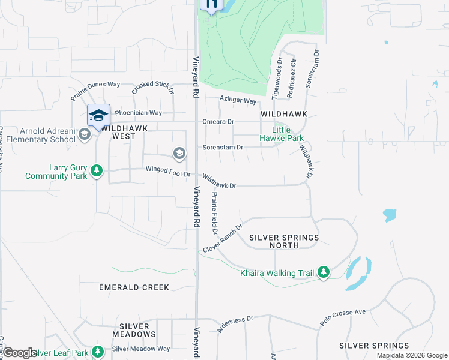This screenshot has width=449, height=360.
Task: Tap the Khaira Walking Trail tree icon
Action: (x=324, y=272)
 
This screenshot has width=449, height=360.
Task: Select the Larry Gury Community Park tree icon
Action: (x=97, y=172)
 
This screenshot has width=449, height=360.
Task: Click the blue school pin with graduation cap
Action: (x=98, y=116)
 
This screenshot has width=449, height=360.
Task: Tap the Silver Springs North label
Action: (x=284, y=241)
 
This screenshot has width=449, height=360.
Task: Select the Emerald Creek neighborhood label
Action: (x=134, y=287)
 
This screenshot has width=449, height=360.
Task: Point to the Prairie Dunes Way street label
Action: (x=95, y=91)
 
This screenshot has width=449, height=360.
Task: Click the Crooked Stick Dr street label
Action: (x=152, y=88)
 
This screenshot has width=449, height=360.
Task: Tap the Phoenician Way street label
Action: (x=139, y=113)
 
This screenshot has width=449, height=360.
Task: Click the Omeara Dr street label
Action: (x=218, y=121)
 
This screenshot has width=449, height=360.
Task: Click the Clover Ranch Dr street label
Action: (x=223, y=238)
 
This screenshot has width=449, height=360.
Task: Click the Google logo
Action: (x=19, y=353)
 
